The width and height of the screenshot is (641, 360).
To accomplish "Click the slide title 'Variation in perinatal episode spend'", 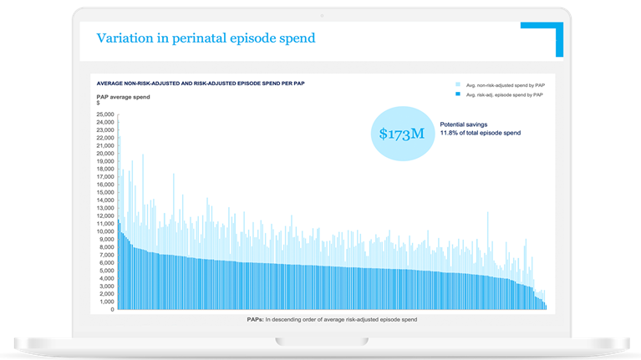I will click(206, 38).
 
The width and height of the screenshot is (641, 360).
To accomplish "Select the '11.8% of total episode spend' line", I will click(486, 133).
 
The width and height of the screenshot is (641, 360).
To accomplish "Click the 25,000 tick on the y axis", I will click(105, 114).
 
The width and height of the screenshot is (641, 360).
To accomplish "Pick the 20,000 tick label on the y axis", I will click(105, 154).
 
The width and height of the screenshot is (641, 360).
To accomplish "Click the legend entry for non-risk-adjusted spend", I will click(502, 84).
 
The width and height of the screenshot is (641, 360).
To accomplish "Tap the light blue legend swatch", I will click(458, 84).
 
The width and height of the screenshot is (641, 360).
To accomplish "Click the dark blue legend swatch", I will click(458, 95).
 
